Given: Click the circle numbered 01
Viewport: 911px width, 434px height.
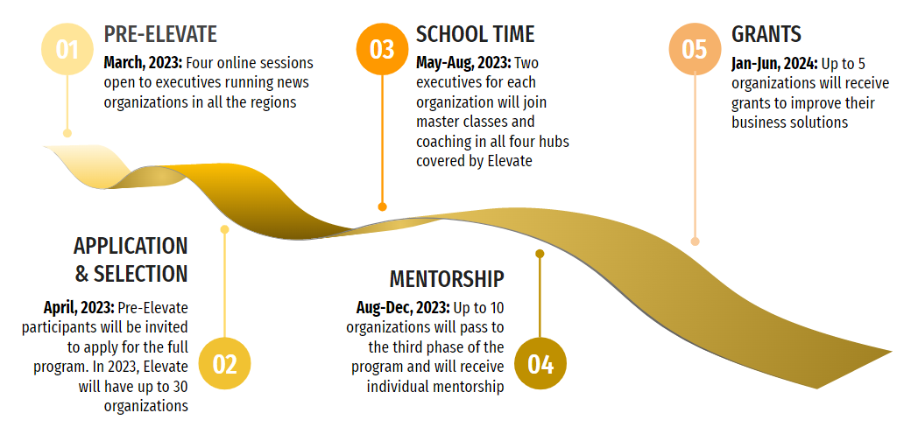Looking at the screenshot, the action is tap(67, 49).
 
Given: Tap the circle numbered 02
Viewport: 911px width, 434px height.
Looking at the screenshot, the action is tap(225, 364).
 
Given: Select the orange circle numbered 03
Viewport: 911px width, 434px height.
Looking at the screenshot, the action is tap(382, 49).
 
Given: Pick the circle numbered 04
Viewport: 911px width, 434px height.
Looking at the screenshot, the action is tap(540, 364).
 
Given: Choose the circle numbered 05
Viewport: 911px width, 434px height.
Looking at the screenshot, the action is tap(695, 49).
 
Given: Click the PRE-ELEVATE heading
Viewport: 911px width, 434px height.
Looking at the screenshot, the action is tap(160, 34).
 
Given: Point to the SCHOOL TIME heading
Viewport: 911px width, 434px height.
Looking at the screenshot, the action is tap(476, 34).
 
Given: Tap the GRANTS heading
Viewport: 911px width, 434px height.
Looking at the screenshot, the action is tap(766, 34).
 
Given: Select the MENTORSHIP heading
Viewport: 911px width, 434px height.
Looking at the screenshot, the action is tap(447, 279).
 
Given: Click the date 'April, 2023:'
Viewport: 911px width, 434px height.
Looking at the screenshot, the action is tap(79, 307).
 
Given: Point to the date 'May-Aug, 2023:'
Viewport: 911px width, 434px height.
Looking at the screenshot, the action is tap(464, 63).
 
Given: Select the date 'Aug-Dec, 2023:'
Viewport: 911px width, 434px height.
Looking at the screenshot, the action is tap(403, 307).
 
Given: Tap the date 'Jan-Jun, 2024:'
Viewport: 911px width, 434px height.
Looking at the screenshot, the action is tap(774, 63).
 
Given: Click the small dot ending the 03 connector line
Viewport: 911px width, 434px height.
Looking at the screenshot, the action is tap(382, 206).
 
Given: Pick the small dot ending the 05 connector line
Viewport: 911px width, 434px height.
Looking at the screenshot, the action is tap(695, 241).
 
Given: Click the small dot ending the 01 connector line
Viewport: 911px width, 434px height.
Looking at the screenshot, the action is tap(67, 134).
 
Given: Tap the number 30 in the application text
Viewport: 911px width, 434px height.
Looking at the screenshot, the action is tap(180, 386).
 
